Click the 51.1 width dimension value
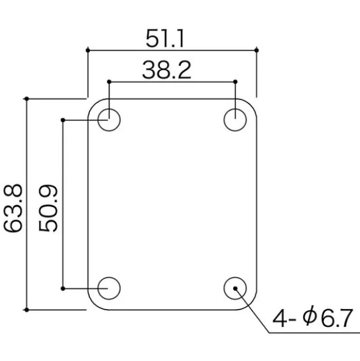165,38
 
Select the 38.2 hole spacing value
167,70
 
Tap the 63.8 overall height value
13,208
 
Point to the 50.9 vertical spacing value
48,208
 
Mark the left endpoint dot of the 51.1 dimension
88,50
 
